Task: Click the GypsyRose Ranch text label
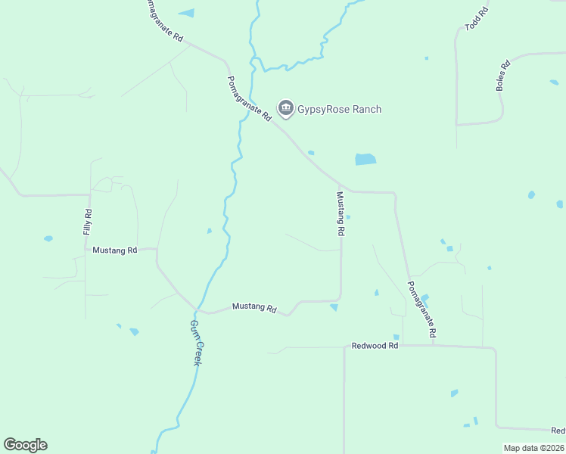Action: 339,110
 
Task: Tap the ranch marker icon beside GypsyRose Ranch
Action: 285,110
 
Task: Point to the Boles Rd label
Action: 502,76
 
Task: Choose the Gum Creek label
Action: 195,343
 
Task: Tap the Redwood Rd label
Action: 375,346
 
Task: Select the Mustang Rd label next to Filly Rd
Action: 114,250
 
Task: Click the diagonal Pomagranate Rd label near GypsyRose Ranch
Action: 250,99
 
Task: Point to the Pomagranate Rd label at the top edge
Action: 163,20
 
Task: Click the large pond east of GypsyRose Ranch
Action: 365,160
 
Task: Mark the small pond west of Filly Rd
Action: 48,238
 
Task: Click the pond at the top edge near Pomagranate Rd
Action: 186,13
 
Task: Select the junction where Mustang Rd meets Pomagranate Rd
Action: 341,188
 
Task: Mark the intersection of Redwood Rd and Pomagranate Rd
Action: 433,346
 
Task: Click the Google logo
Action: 25,445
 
